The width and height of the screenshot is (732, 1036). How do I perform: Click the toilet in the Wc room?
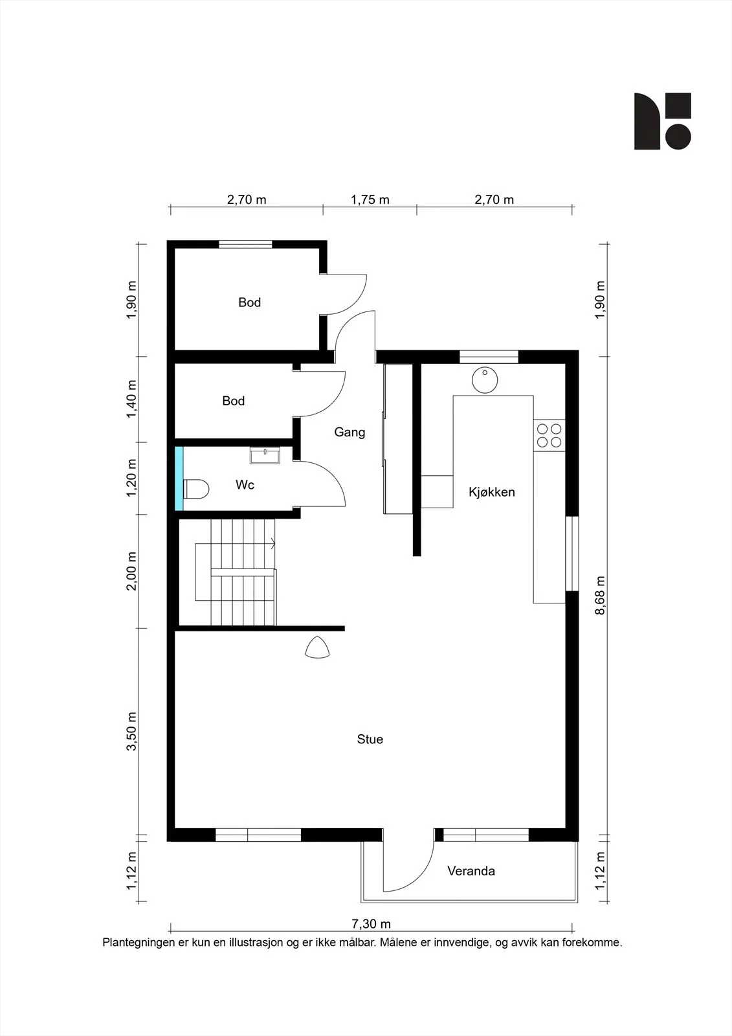coord(196,489)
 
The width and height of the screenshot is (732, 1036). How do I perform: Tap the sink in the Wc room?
coord(265,455)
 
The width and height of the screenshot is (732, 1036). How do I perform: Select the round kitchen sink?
coord(485,381)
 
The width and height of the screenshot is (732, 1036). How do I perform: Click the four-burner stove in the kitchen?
coord(549,436)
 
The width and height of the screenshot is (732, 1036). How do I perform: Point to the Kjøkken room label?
coord(491,491)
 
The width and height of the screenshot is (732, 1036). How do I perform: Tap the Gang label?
coord(349,432)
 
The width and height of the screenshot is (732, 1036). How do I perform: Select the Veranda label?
coord(471,871)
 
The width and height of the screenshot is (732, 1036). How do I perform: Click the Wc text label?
coord(245,485)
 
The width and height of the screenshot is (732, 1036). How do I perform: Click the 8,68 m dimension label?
coord(600,595)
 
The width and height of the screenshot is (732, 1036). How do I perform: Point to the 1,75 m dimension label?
coord(370,200)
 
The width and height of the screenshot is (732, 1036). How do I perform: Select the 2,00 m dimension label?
coord(132,571)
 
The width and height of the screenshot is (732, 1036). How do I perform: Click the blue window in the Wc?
coord(179,479)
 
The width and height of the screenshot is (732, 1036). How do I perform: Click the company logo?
coord(663,121)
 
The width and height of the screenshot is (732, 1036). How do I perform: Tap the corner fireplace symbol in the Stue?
coord(317,647)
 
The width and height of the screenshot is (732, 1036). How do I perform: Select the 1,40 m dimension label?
coord(132,399)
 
